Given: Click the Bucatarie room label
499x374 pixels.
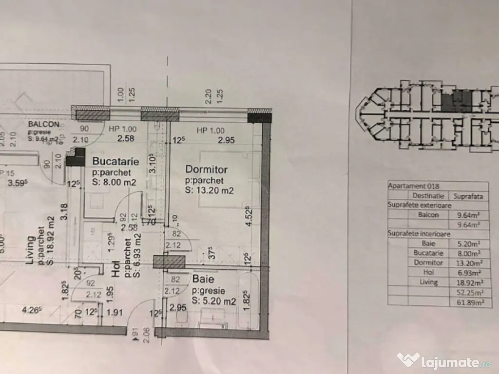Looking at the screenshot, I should point(115,161).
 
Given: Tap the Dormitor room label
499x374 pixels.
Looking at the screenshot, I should point(206,169).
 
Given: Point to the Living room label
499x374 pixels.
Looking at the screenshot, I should point(30,250).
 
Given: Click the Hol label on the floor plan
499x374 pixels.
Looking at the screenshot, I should point(116,270).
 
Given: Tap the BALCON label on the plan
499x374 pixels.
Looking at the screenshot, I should point(44,124).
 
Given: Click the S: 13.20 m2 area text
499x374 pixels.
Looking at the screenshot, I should point(209,190).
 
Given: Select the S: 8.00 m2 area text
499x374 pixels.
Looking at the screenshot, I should point(115,182).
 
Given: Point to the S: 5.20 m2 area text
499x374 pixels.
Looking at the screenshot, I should point(214,301).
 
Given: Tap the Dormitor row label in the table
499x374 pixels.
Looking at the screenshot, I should point(428,263).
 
